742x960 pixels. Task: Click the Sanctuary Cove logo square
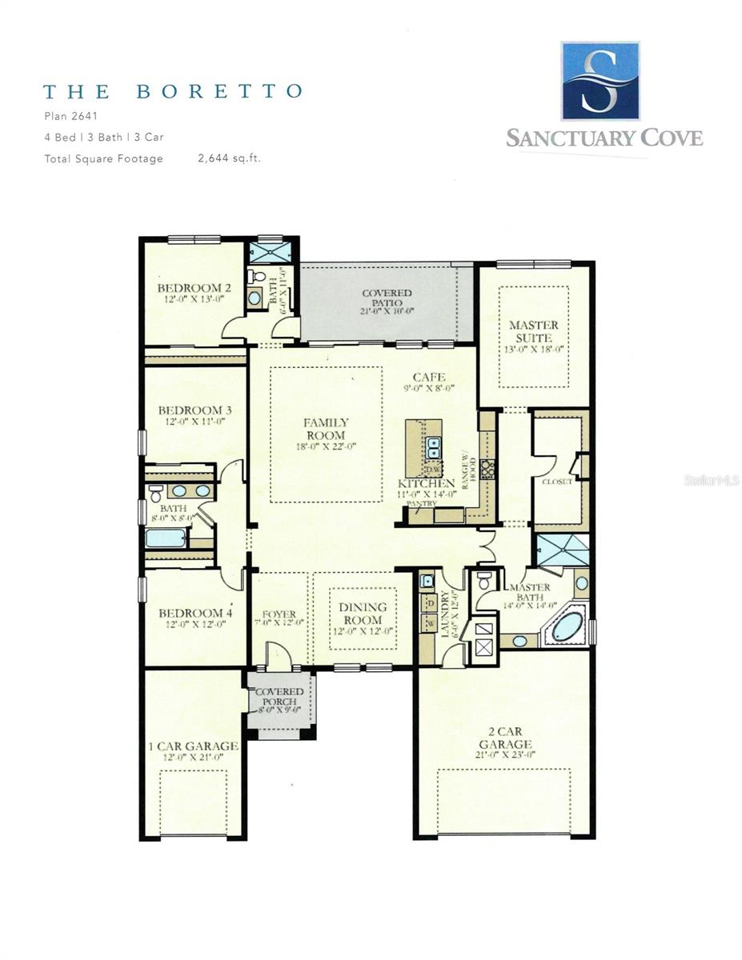(600, 81)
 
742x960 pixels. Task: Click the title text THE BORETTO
(173, 90)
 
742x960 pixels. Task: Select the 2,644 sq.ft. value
(229, 158)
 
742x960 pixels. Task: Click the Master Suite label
(534, 332)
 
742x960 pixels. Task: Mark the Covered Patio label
(387, 299)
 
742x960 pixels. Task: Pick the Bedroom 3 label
(195, 415)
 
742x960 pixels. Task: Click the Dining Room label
(362, 614)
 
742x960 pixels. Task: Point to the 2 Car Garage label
(503, 738)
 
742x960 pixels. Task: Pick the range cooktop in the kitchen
(487, 469)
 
